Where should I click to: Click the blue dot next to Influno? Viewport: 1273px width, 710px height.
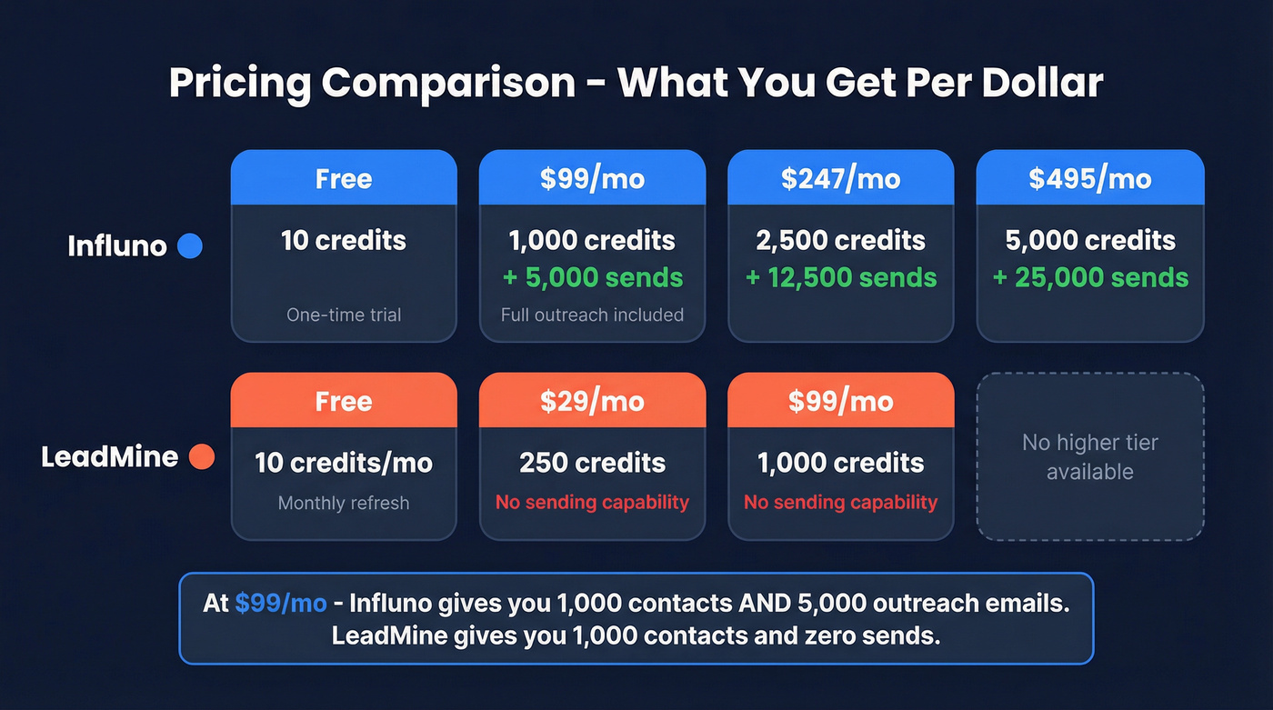(x=190, y=245)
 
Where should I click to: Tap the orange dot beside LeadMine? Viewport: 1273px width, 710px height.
(x=201, y=456)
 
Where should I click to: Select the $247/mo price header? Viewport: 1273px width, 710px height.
(x=840, y=178)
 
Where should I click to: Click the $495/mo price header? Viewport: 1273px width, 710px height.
(x=1089, y=178)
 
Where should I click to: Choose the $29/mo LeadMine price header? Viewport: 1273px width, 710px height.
(x=592, y=401)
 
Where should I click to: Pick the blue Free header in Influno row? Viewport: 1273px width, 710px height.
(x=344, y=178)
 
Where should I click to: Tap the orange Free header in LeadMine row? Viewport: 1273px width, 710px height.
(x=344, y=401)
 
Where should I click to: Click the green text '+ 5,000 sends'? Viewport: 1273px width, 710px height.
(x=592, y=277)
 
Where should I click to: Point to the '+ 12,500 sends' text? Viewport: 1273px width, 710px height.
(x=840, y=277)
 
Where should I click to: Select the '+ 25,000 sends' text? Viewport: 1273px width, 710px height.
(x=1089, y=277)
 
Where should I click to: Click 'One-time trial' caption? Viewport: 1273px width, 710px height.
(x=344, y=315)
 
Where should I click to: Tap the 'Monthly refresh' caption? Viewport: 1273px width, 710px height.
(x=344, y=503)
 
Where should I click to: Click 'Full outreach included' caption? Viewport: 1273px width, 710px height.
(x=592, y=315)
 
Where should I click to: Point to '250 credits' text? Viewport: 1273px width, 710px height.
(x=592, y=463)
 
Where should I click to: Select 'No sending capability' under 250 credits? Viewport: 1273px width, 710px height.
(x=592, y=503)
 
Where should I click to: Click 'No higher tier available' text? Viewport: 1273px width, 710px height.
(x=1089, y=457)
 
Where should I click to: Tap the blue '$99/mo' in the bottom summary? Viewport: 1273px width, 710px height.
(x=280, y=604)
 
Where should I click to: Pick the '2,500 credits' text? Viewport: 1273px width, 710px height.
(x=840, y=241)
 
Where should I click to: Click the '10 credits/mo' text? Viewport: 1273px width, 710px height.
(x=344, y=463)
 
